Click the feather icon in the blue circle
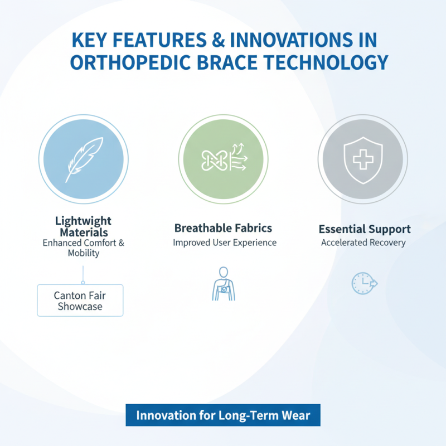[x=84, y=158]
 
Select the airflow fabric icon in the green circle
[x=223, y=159]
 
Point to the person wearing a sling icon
[x=223, y=284]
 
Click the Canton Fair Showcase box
[x=80, y=300]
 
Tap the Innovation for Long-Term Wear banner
[x=223, y=415]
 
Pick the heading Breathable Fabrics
[x=223, y=228]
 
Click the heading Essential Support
[x=365, y=229]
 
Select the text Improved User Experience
[x=224, y=243]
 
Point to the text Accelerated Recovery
[x=363, y=243]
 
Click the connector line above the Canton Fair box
[x=83, y=274]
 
